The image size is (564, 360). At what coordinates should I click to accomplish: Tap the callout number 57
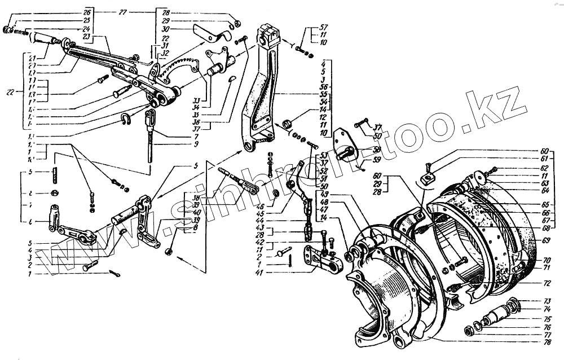(324, 27)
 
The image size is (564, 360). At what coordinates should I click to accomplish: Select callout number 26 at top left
(86, 12)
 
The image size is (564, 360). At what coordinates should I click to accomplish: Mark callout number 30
(165, 29)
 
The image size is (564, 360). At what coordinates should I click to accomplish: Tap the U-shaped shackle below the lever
(125, 118)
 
